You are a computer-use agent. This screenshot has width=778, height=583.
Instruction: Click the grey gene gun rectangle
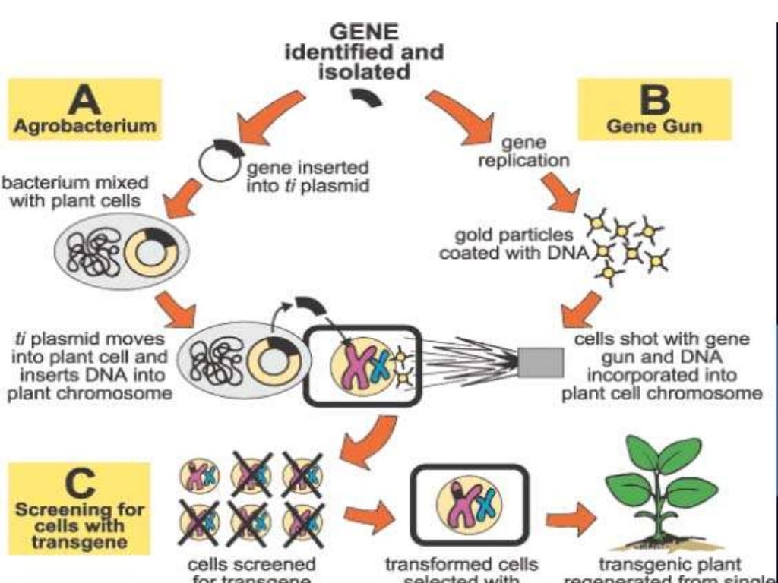[540, 362]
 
